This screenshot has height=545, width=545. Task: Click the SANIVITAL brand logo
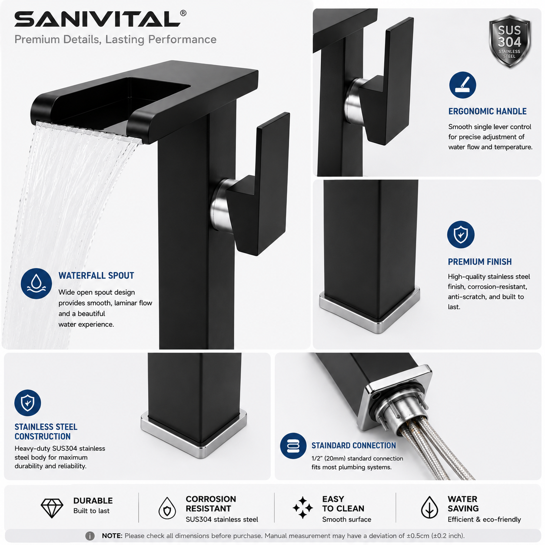tap(97, 19)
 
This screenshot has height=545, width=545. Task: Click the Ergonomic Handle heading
tap(487, 111)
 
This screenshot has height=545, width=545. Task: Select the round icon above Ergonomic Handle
tap(462, 85)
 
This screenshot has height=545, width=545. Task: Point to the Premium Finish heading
tap(480, 262)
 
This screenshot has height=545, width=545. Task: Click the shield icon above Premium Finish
tap(461, 234)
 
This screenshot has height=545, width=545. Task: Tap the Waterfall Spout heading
tap(96, 276)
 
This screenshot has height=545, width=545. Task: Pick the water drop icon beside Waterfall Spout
tap(36, 283)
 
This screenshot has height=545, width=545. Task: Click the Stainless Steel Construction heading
tap(46, 432)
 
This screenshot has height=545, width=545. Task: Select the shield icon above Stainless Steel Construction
tap(28, 403)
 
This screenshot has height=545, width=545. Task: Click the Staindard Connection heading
tap(353, 445)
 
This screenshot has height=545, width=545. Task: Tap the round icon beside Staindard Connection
tap(293, 446)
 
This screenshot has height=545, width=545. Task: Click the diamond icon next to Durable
tap(52, 508)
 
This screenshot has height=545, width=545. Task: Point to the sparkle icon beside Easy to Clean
tap(302, 508)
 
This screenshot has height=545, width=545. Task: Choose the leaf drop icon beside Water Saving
tap(429, 507)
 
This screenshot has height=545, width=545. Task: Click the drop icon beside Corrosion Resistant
tap(167, 508)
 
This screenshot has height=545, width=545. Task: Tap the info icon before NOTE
tap(90, 536)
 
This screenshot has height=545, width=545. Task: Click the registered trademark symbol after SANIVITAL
tap(183, 13)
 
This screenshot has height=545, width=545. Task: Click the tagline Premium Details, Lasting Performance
tap(116, 40)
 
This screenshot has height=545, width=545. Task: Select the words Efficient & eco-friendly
tap(484, 519)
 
